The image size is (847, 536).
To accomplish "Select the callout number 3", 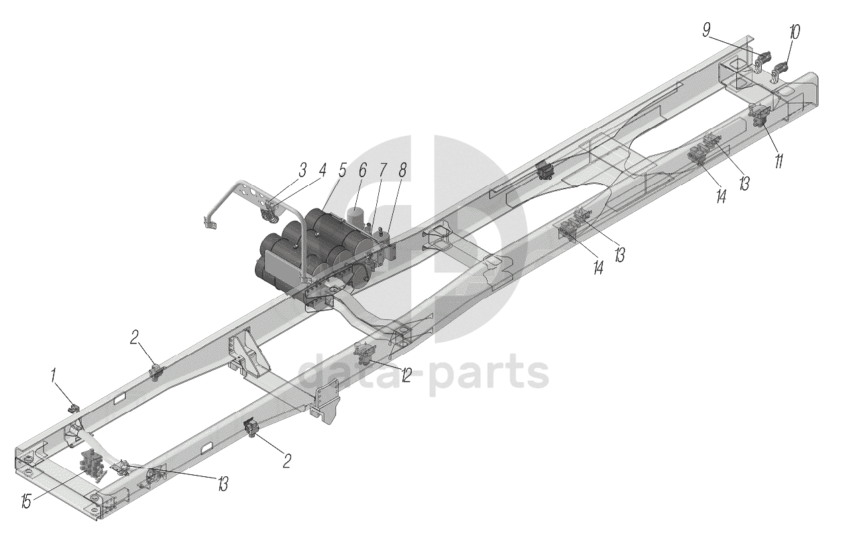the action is tap(303, 169).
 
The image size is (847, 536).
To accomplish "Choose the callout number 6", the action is tap(362, 170).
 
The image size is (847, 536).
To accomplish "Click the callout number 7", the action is tap(383, 170).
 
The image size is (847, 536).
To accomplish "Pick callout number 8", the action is tap(402, 170).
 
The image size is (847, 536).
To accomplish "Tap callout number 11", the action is tap(779, 162).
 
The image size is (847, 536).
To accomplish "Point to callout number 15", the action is tap(26, 501).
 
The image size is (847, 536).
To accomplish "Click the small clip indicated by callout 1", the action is tap(74, 407).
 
